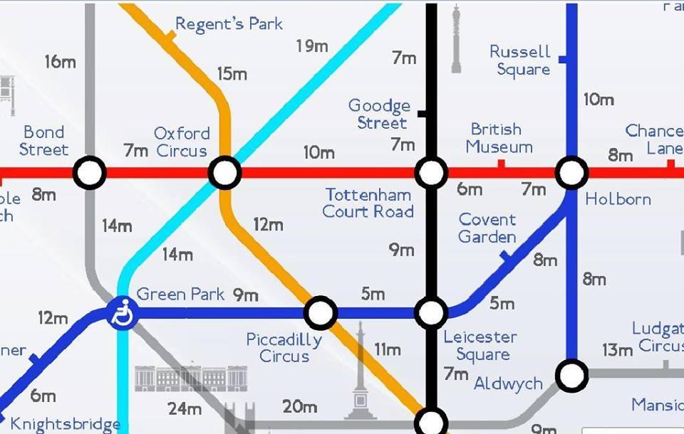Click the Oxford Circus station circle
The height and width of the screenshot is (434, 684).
click(x=224, y=173)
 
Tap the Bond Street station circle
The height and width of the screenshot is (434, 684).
click(x=90, y=173)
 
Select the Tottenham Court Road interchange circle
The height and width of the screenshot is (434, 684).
click(x=431, y=173)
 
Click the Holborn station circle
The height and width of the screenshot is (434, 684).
click(x=571, y=173)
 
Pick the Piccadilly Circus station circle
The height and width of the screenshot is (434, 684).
click(x=321, y=312)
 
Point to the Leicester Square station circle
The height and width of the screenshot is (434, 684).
click(x=431, y=312)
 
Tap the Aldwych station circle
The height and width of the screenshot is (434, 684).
click(x=571, y=374)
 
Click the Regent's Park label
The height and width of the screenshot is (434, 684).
click(x=229, y=24)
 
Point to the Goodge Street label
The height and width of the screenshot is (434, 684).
click(x=379, y=115)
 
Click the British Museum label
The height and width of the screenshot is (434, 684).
click(x=499, y=138)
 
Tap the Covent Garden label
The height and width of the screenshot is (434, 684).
click(x=487, y=228)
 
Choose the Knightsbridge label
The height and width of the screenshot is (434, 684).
click(x=65, y=425)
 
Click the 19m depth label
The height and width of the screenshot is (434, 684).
click(x=312, y=47)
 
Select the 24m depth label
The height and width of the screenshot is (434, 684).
click(x=185, y=409)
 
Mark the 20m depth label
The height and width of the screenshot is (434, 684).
click(x=299, y=407)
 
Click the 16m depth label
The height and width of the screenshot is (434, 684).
click(x=60, y=62)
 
